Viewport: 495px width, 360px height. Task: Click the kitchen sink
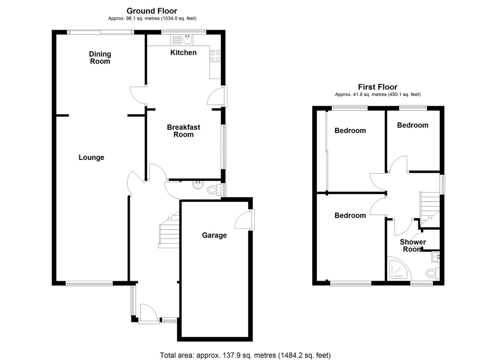point(187,40)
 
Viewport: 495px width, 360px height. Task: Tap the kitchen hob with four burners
point(215,56)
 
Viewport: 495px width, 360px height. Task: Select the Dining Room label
point(100,58)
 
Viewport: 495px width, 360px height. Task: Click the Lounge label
point(91,157)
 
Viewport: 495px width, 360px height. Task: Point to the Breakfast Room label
point(183,131)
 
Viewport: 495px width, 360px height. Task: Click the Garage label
point(214,235)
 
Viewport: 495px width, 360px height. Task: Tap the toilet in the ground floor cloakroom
point(212,190)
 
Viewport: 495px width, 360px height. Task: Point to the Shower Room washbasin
point(436,257)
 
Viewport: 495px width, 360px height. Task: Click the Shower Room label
point(413,246)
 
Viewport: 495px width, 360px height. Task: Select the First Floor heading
point(378,87)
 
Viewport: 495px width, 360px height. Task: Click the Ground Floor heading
point(152,11)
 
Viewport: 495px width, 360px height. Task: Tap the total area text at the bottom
point(245,355)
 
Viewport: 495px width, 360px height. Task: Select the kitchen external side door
point(217,96)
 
